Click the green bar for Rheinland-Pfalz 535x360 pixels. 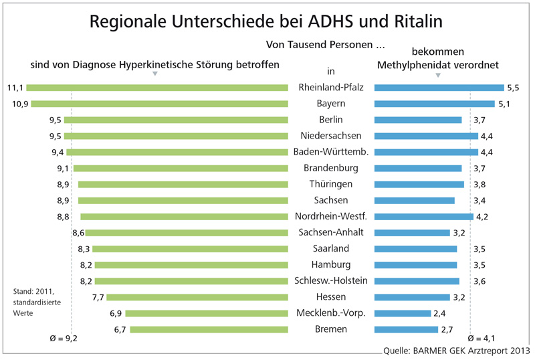point(157,88)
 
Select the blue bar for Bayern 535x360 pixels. point(435,104)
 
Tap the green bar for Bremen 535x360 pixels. point(209,329)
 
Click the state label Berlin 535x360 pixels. point(331,120)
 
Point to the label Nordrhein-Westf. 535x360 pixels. point(331,216)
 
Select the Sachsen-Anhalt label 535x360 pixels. point(331,232)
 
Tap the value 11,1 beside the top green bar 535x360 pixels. point(15,88)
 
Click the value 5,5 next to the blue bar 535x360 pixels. point(514,88)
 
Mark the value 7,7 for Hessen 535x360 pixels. point(98,296)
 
